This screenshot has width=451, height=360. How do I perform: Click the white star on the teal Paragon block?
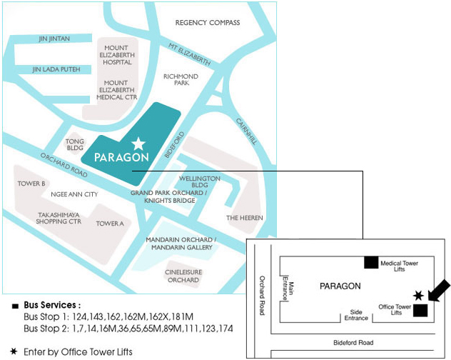(138, 144)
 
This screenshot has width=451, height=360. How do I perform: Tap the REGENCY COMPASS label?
(208, 23)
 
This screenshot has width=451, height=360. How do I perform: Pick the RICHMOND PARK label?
(181, 79)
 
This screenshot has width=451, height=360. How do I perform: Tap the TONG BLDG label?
(75, 145)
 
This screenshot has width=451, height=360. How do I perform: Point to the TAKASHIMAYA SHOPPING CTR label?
(59, 217)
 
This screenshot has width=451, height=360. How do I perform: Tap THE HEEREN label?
(245, 217)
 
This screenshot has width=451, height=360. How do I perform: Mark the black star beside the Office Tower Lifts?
(418, 296)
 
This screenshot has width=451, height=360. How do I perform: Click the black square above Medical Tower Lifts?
(370, 262)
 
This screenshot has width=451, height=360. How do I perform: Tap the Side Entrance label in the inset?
(357, 314)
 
